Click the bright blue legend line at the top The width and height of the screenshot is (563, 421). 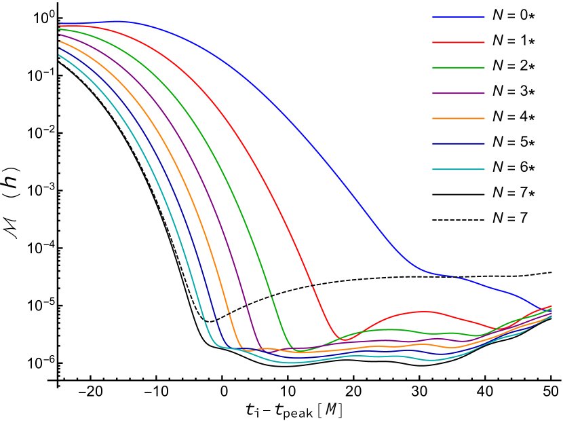pyautogui.click(x=459, y=16)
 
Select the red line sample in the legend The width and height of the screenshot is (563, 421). pyautogui.click(x=459, y=42)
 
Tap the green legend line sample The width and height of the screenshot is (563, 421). pyautogui.click(x=459, y=67)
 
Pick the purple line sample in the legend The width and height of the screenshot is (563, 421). pyautogui.click(x=459, y=93)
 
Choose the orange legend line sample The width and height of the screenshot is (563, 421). pyautogui.click(x=459, y=118)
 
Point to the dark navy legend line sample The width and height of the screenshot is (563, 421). pyautogui.click(x=459, y=143)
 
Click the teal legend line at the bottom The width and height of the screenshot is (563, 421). pyautogui.click(x=459, y=169)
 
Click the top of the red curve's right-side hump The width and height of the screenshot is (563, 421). pyautogui.click(x=424, y=312)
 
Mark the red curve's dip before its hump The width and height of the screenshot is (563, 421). pyautogui.click(x=347, y=340)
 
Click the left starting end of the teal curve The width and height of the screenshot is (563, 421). pyautogui.click(x=60, y=55)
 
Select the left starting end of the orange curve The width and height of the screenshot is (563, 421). pyautogui.click(x=60, y=41)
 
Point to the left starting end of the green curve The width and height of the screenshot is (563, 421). pyautogui.click(x=60, y=29)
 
